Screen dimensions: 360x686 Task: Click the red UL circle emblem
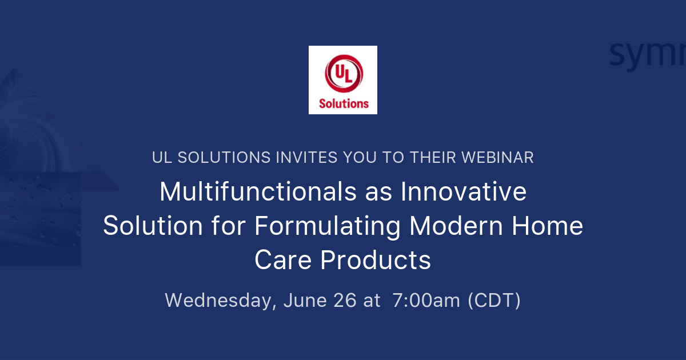coord(344,75)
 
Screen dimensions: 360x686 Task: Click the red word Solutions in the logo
coord(344,103)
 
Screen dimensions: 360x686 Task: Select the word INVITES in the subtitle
coord(297,158)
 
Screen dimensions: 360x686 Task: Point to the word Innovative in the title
coord(464,192)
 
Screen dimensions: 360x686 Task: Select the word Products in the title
coord(376,261)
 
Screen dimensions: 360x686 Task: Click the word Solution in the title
coord(153,226)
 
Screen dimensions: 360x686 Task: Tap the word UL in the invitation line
coord(162,158)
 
